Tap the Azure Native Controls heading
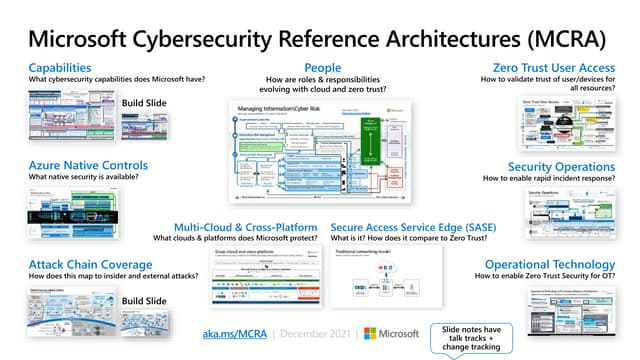pos(88,165)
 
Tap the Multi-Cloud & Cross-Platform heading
pos(246,227)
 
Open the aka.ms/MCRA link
pos(233,333)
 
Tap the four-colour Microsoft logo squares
pos(371,333)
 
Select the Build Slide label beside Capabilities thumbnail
pos(145,103)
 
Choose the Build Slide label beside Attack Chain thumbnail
pos(145,300)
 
